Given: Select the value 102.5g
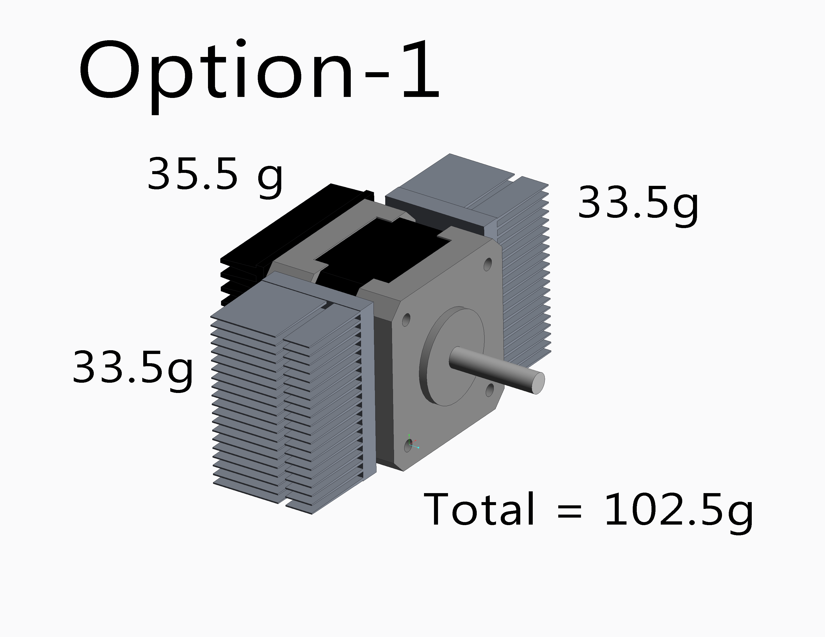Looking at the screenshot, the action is pos(679,512).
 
